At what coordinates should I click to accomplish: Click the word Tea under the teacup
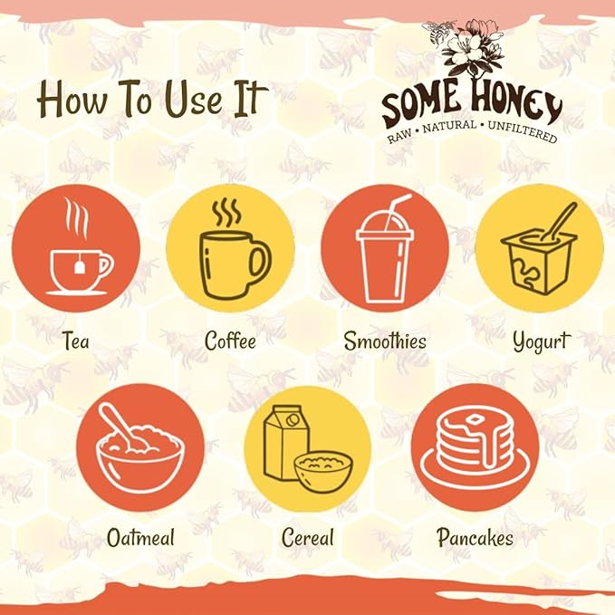click(76, 341)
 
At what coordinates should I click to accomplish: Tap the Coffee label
click(230, 341)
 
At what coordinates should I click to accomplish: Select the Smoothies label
click(385, 341)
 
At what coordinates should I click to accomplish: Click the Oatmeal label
click(140, 537)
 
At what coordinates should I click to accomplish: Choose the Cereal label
click(308, 537)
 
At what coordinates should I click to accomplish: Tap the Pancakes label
click(475, 537)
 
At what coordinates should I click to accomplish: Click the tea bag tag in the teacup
click(80, 266)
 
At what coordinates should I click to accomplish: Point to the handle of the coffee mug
click(260, 262)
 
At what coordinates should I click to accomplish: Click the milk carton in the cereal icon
click(285, 442)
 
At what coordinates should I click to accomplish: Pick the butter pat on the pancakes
click(475, 419)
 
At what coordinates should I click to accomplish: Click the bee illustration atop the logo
click(438, 32)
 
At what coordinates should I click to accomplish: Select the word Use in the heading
click(193, 99)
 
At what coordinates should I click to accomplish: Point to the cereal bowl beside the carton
click(323, 470)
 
